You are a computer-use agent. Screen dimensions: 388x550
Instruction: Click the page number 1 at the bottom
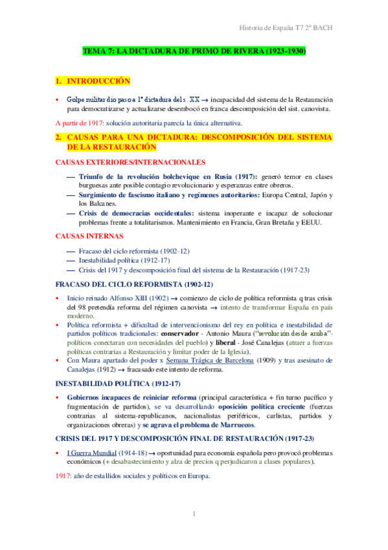coord(194,515)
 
